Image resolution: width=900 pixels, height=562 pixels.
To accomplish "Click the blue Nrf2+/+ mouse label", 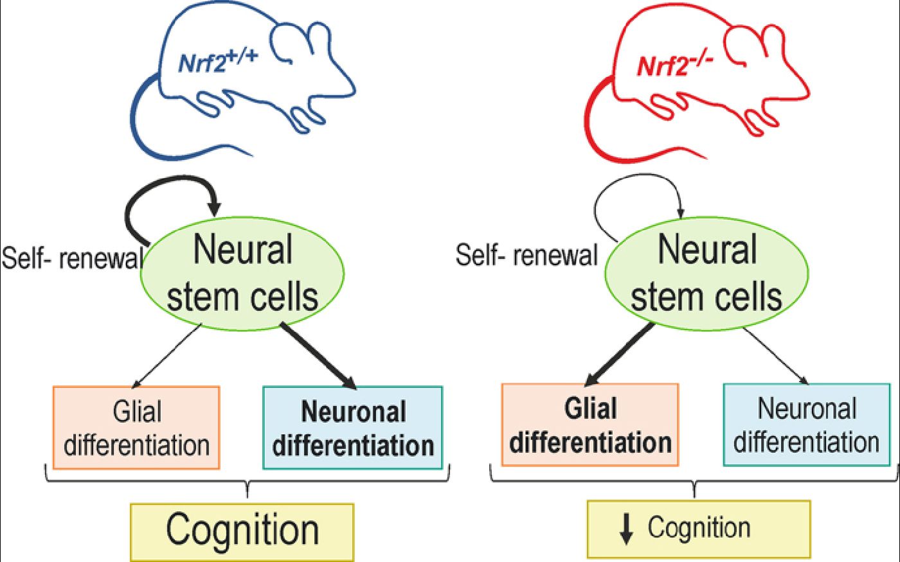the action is pyautogui.click(x=218, y=62).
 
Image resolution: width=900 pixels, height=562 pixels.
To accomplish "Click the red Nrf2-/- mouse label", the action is pyautogui.click(x=675, y=64).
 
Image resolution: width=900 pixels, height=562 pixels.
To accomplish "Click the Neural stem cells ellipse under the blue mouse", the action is pyautogui.click(x=242, y=274).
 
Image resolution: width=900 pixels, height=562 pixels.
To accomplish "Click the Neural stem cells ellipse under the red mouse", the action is pyautogui.click(x=706, y=274).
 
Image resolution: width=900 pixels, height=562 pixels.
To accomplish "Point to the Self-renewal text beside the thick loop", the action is pyautogui.click(x=72, y=258).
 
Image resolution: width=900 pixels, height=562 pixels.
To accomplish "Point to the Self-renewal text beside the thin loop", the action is pyautogui.click(x=526, y=255).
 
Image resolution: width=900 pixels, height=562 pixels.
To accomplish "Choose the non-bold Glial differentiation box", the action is pyautogui.click(x=136, y=428).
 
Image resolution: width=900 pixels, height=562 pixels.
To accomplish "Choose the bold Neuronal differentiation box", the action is pyautogui.click(x=353, y=428).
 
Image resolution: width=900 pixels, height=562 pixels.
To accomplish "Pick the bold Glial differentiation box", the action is pyautogui.click(x=590, y=425).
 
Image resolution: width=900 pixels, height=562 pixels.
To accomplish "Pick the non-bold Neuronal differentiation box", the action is pyautogui.click(x=807, y=425).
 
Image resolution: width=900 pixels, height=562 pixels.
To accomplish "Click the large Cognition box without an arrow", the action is pyautogui.click(x=242, y=532).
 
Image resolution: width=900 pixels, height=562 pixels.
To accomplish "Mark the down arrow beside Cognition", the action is pyautogui.click(x=626, y=529).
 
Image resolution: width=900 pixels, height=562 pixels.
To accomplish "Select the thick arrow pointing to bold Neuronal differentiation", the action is pyautogui.click(x=318, y=356).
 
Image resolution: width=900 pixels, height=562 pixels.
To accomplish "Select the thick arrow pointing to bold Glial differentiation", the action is pyautogui.click(x=618, y=355).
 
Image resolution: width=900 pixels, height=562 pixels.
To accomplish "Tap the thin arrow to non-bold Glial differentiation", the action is pyautogui.click(x=166, y=356).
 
